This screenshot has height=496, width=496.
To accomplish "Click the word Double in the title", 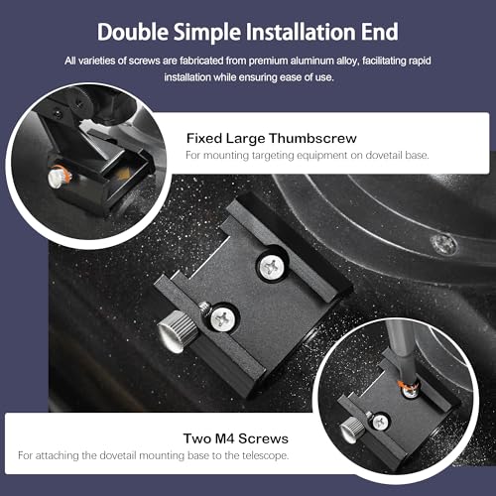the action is click(133, 32).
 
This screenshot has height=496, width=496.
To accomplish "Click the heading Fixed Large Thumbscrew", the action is click(272, 138).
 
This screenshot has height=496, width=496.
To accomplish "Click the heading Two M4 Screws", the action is click(236, 438).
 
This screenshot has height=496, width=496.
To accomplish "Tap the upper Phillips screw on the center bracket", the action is click(272, 266).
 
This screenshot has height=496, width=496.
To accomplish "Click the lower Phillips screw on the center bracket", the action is click(223, 318).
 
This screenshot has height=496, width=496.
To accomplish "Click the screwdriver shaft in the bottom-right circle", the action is click(402, 350).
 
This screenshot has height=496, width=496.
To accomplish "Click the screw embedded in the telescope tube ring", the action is click(444, 243).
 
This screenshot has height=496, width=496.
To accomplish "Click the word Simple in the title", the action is click(207, 33).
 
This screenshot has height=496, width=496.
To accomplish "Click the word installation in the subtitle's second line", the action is click(187, 77).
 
